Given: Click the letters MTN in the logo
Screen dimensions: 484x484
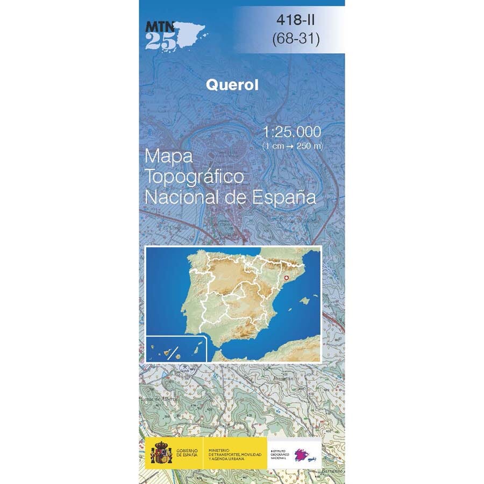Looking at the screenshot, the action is coord(158,25).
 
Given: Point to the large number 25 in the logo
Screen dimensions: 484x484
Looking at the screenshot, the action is coord(160,41).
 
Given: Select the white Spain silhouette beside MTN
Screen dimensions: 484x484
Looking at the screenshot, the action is coord(191,33).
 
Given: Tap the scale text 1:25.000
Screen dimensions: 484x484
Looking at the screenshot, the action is coord(293,132).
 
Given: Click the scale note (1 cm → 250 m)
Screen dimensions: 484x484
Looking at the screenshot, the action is coord(293,146).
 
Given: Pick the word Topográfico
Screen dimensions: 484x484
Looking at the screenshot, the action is coord(195,177).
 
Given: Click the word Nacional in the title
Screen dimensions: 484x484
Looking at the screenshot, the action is coord(181,197).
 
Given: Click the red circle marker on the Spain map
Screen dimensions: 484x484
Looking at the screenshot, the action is coord(286,277).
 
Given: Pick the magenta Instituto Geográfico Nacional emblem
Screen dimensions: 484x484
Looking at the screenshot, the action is coord(305,454).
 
